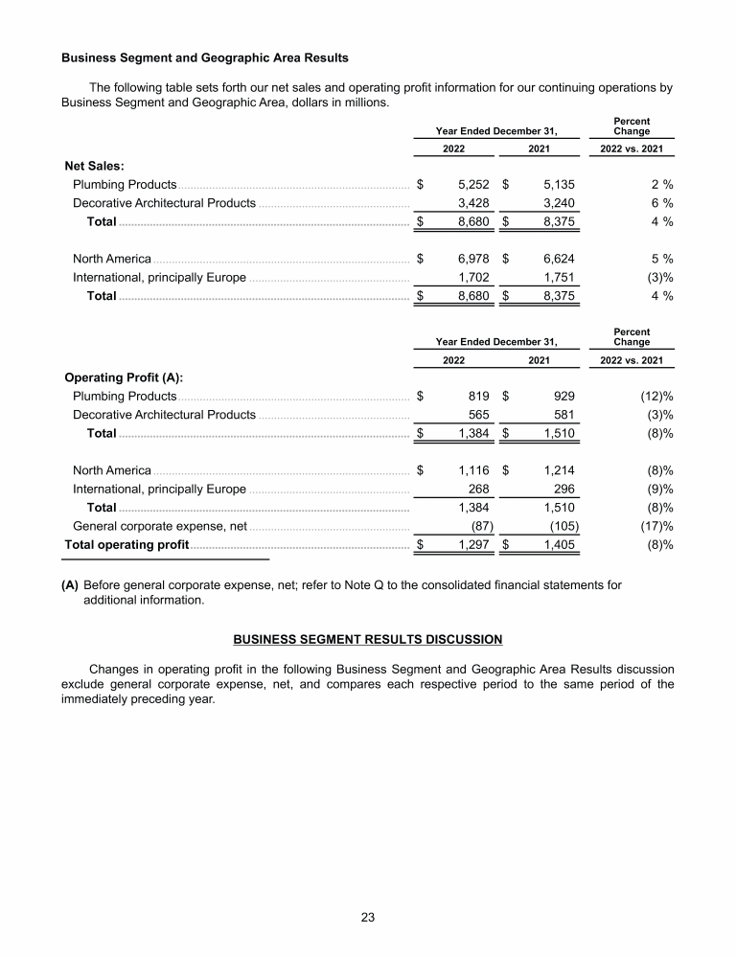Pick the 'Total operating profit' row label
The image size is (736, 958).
click(126, 545)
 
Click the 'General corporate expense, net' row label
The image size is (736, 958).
click(160, 526)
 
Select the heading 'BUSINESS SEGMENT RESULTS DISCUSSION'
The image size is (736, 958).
click(368, 638)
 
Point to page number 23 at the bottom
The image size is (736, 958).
click(368, 917)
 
